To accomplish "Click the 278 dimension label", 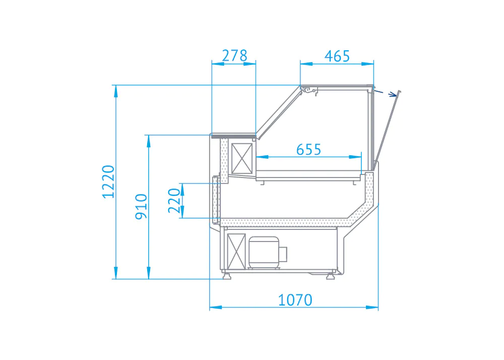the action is tap(235, 55).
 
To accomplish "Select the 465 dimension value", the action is tap(337, 56).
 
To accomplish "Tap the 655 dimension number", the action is tap(308, 149).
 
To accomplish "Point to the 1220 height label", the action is tap(108, 182).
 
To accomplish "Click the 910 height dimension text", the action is tap(141, 207).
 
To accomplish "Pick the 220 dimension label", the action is tap(174, 201).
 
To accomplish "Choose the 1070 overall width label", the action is tap(295, 300).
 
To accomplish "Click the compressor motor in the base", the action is tap(268, 253).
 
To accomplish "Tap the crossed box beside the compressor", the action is tap(236, 252).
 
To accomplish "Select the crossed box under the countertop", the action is tap(242, 158).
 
